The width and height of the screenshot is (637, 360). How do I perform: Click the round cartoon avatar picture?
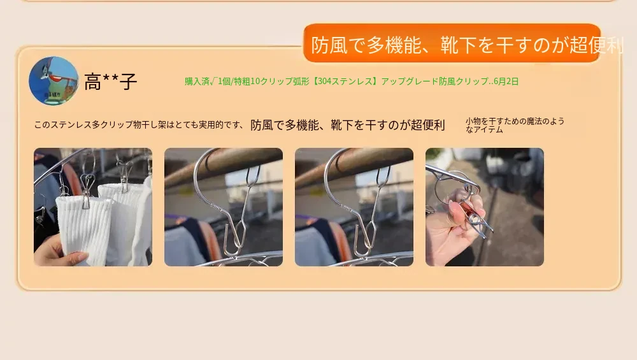click(x=54, y=81)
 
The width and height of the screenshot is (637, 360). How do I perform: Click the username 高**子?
click(x=110, y=82)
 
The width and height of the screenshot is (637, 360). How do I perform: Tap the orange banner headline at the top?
click(x=452, y=43)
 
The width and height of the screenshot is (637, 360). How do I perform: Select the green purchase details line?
click(x=352, y=82)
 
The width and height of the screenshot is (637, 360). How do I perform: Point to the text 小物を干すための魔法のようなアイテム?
click(x=515, y=125)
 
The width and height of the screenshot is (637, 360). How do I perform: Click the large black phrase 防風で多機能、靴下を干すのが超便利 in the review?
click(x=347, y=125)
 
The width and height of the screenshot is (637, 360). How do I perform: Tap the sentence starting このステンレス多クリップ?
click(x=138, y=125)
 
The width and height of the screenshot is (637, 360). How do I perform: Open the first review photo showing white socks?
click(x=93, y=207)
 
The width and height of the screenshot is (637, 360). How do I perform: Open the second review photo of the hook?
click(x=224, y=207)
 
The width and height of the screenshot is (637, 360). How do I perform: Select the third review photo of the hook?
click(x=354, y=207)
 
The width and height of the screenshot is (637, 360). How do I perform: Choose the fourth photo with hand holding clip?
click(x=484, y=207)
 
